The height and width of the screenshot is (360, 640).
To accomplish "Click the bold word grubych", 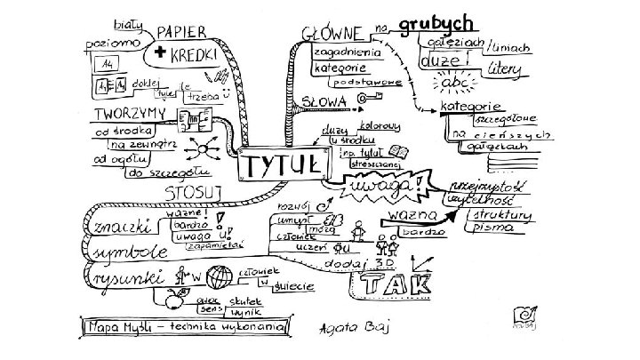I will pyautogui.click(x=435, y=21).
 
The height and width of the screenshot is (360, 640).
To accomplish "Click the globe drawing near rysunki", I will pyautogui.click(x=217, y=276).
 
